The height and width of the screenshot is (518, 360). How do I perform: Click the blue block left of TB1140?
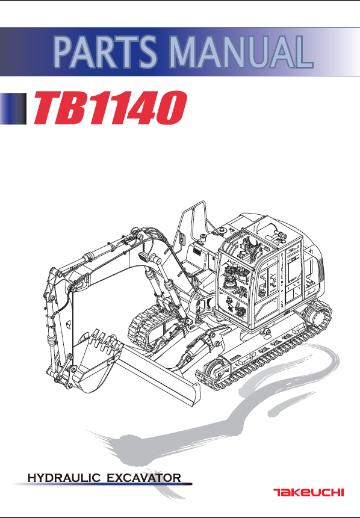[x=13, y=108]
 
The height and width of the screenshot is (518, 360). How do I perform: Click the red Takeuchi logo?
[x=309, y=493]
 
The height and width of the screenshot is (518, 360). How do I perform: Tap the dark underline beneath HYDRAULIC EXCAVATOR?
[x=102, y=484]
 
